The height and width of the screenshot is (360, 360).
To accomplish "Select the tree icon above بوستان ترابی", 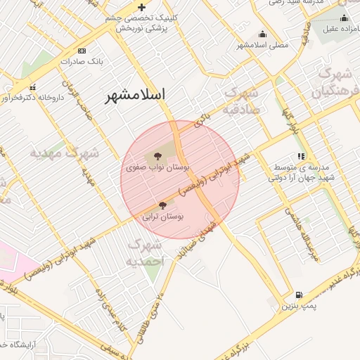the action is [x=162, y=205].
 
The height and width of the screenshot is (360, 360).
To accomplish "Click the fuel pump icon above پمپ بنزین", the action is [x=300, y=295].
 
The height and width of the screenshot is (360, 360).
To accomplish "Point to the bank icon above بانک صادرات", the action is [x=82, y=51].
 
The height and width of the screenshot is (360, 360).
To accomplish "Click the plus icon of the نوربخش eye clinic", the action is [x=142, y=6].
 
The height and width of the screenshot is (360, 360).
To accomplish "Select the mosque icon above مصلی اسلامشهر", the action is [x=263, y=34].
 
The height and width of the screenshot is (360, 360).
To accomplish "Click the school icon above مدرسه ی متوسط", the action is [x=301, y=156].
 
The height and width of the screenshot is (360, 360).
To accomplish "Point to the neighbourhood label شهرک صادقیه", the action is [x=241, y=101].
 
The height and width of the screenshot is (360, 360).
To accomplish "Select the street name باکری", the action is [x=202, y=120].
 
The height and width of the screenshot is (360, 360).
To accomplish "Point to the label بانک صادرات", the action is [x=82, y=62].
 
